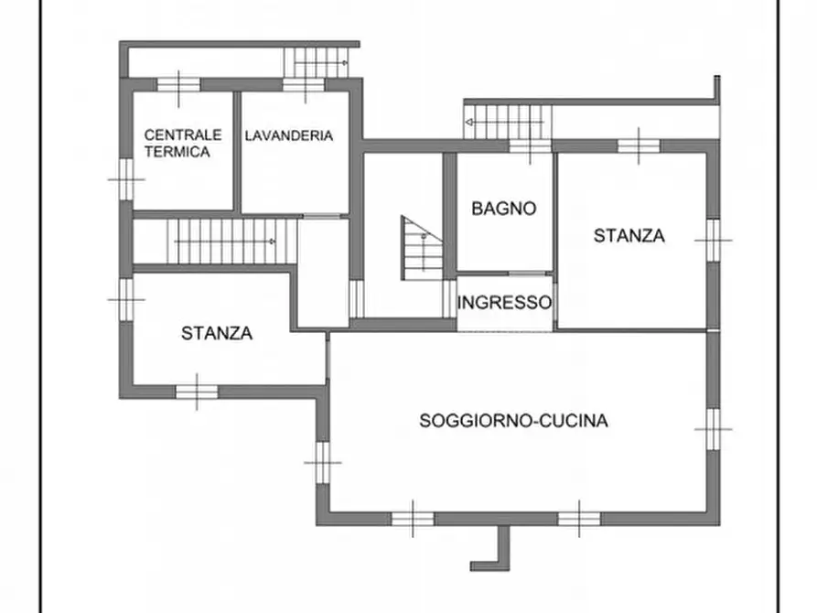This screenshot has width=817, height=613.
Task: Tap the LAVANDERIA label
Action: [288, 135]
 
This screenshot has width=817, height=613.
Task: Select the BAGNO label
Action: [503, 209]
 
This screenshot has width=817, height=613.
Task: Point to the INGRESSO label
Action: [504, 302]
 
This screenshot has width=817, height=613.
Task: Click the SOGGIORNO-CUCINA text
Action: [513, 421]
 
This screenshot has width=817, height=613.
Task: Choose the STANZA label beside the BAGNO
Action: [629, 235]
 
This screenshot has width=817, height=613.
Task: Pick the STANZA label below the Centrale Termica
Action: [216, 333]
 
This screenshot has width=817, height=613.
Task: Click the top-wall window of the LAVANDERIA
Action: [300, 85]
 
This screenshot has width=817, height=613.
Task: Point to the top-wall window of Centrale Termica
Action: [178, 85]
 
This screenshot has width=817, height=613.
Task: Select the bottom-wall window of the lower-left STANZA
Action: [197, 392]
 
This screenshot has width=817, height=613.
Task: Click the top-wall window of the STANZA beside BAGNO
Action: [638, 145]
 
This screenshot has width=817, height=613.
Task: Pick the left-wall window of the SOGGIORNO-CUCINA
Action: [322, 461]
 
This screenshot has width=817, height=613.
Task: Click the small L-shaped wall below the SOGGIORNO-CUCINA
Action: [495, 550]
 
